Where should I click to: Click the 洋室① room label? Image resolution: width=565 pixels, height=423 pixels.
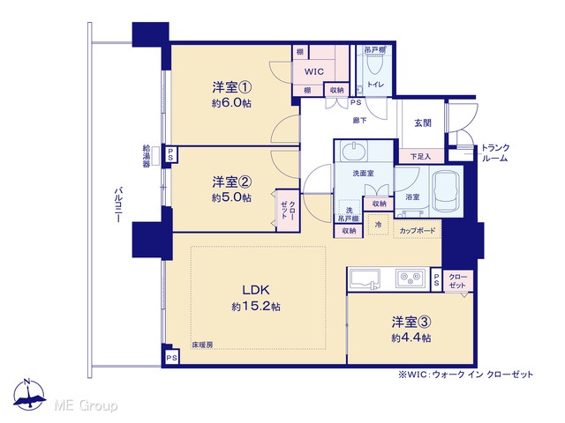tap(231, 87)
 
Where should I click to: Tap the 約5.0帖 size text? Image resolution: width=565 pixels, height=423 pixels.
tap(231, 197)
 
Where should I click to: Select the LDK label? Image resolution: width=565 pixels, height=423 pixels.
tap(255, 290)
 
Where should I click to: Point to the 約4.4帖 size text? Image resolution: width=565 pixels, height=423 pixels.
tap(411, 338)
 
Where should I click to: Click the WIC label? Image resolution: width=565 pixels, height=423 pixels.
tap(314, 71)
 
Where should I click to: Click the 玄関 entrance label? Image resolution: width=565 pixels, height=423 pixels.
tap(422, 123)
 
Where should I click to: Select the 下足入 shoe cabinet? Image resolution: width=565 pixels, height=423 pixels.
tap(421, 156)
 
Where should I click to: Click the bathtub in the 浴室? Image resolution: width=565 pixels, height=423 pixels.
tap(446, 190)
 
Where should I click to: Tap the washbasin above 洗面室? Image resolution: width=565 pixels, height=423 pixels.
tap(355, 151)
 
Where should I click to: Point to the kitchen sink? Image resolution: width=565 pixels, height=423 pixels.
tap(365, 278)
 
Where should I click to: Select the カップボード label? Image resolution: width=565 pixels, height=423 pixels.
tap(418, 231)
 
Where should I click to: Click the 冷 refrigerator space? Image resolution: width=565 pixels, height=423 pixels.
tap(378, 225)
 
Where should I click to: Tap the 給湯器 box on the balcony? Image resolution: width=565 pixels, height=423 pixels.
tap(155, 156)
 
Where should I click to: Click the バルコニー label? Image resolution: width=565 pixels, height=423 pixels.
tap(118, 204)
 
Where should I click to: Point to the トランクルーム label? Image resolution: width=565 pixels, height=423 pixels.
tap(496, 152)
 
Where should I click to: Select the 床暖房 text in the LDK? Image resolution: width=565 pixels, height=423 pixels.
tap(202, 345)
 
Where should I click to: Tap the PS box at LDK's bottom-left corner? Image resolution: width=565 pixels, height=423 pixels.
tap(172, 358)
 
